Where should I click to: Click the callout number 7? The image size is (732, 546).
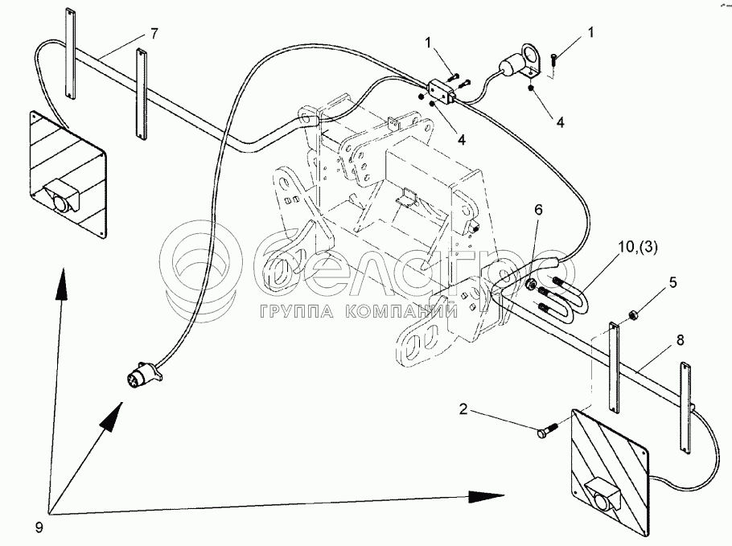pyautogui.click(x=153, y=34)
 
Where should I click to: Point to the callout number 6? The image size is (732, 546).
pyautogui.click(x=538, y=209)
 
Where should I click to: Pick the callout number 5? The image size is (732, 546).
pyautogui.click(x=673, y=283)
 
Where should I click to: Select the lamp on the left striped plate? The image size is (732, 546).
pyautogui.click(x=60, y=199)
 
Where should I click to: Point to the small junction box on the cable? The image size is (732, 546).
pyautogui.click(x=444, y=91)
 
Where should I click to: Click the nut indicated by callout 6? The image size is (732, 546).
pyautogui.click(x=530, y=284)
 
